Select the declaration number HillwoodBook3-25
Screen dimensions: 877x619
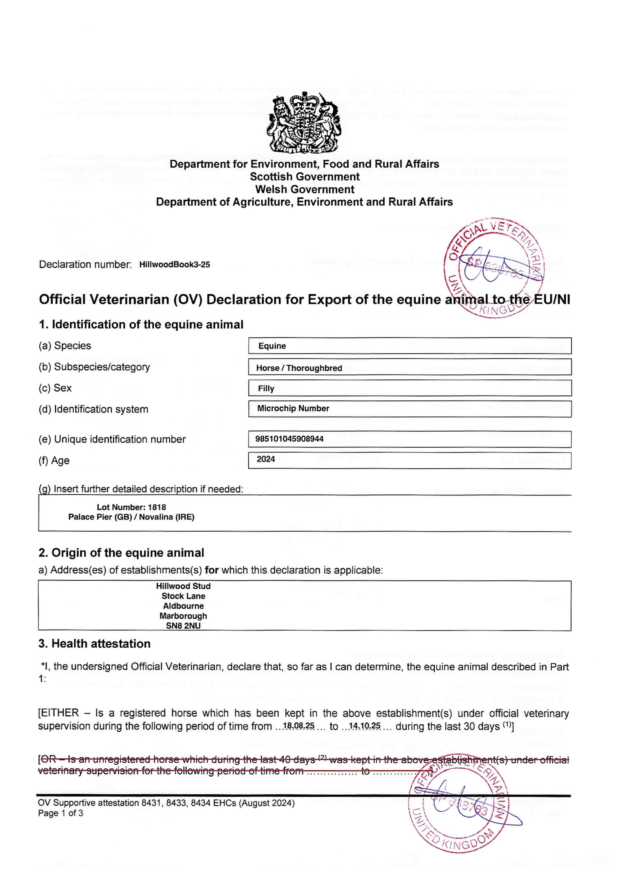pos(174,265)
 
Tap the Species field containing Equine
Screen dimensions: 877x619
pos(409,346)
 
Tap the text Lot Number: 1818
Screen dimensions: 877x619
pos(131,507)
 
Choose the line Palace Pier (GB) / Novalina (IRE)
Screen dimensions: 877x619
pos(131,517)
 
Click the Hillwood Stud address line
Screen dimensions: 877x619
pos(183,586)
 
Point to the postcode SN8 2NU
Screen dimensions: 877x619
pos(183,626)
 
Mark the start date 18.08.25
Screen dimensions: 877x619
pos(299,725)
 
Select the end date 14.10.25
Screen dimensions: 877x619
pos(365,725)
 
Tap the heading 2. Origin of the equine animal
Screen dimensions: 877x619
pos(121,553)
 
